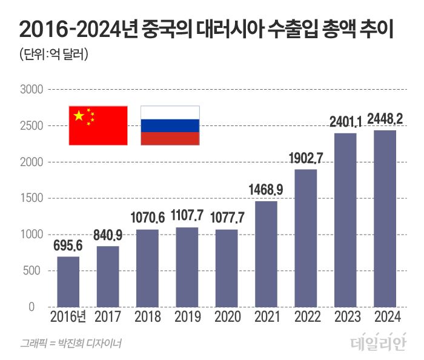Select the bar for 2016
(x=68, y=282)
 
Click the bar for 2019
(x=187, y=267)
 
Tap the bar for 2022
(x=306, y=238)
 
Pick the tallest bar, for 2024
(x=385, y=219)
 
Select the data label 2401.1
(x=345, y=123)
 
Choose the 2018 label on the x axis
(x=147, y=317)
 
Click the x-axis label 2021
(x=267, y=317)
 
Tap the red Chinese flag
(x=98, y=125)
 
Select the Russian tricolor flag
(x=170, y=125)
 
